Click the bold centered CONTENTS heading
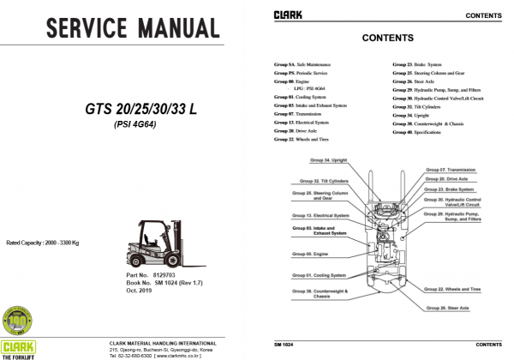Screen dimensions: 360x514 [388, 39]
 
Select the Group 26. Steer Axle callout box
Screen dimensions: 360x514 [450, 306]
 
